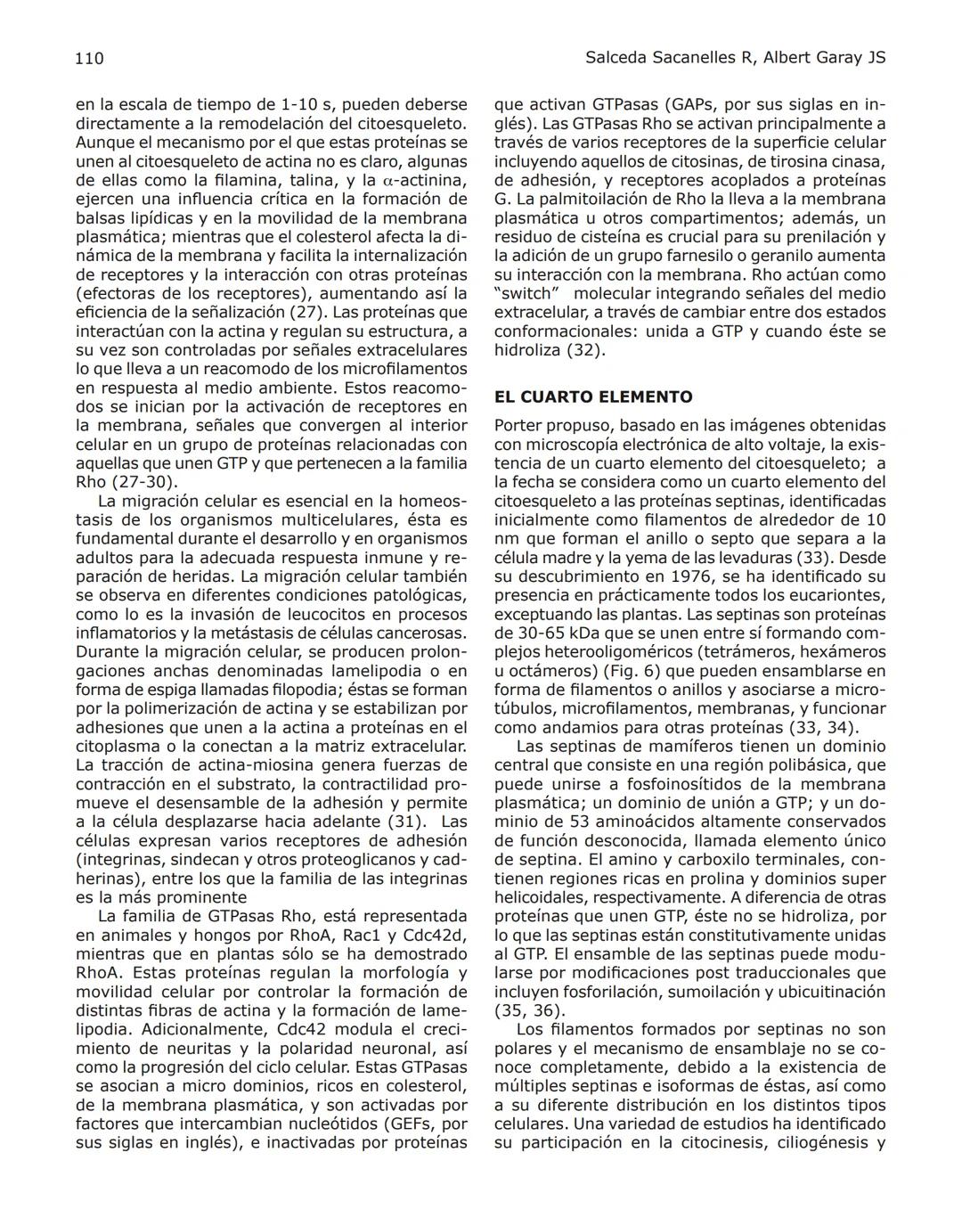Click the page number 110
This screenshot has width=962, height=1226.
(89, 59)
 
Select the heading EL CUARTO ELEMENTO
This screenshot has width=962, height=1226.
(593, 397)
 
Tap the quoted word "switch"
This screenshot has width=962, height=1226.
(526, 294)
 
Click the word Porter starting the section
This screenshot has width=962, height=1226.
(520, 426)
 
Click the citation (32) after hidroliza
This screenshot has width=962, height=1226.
(586, 350)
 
